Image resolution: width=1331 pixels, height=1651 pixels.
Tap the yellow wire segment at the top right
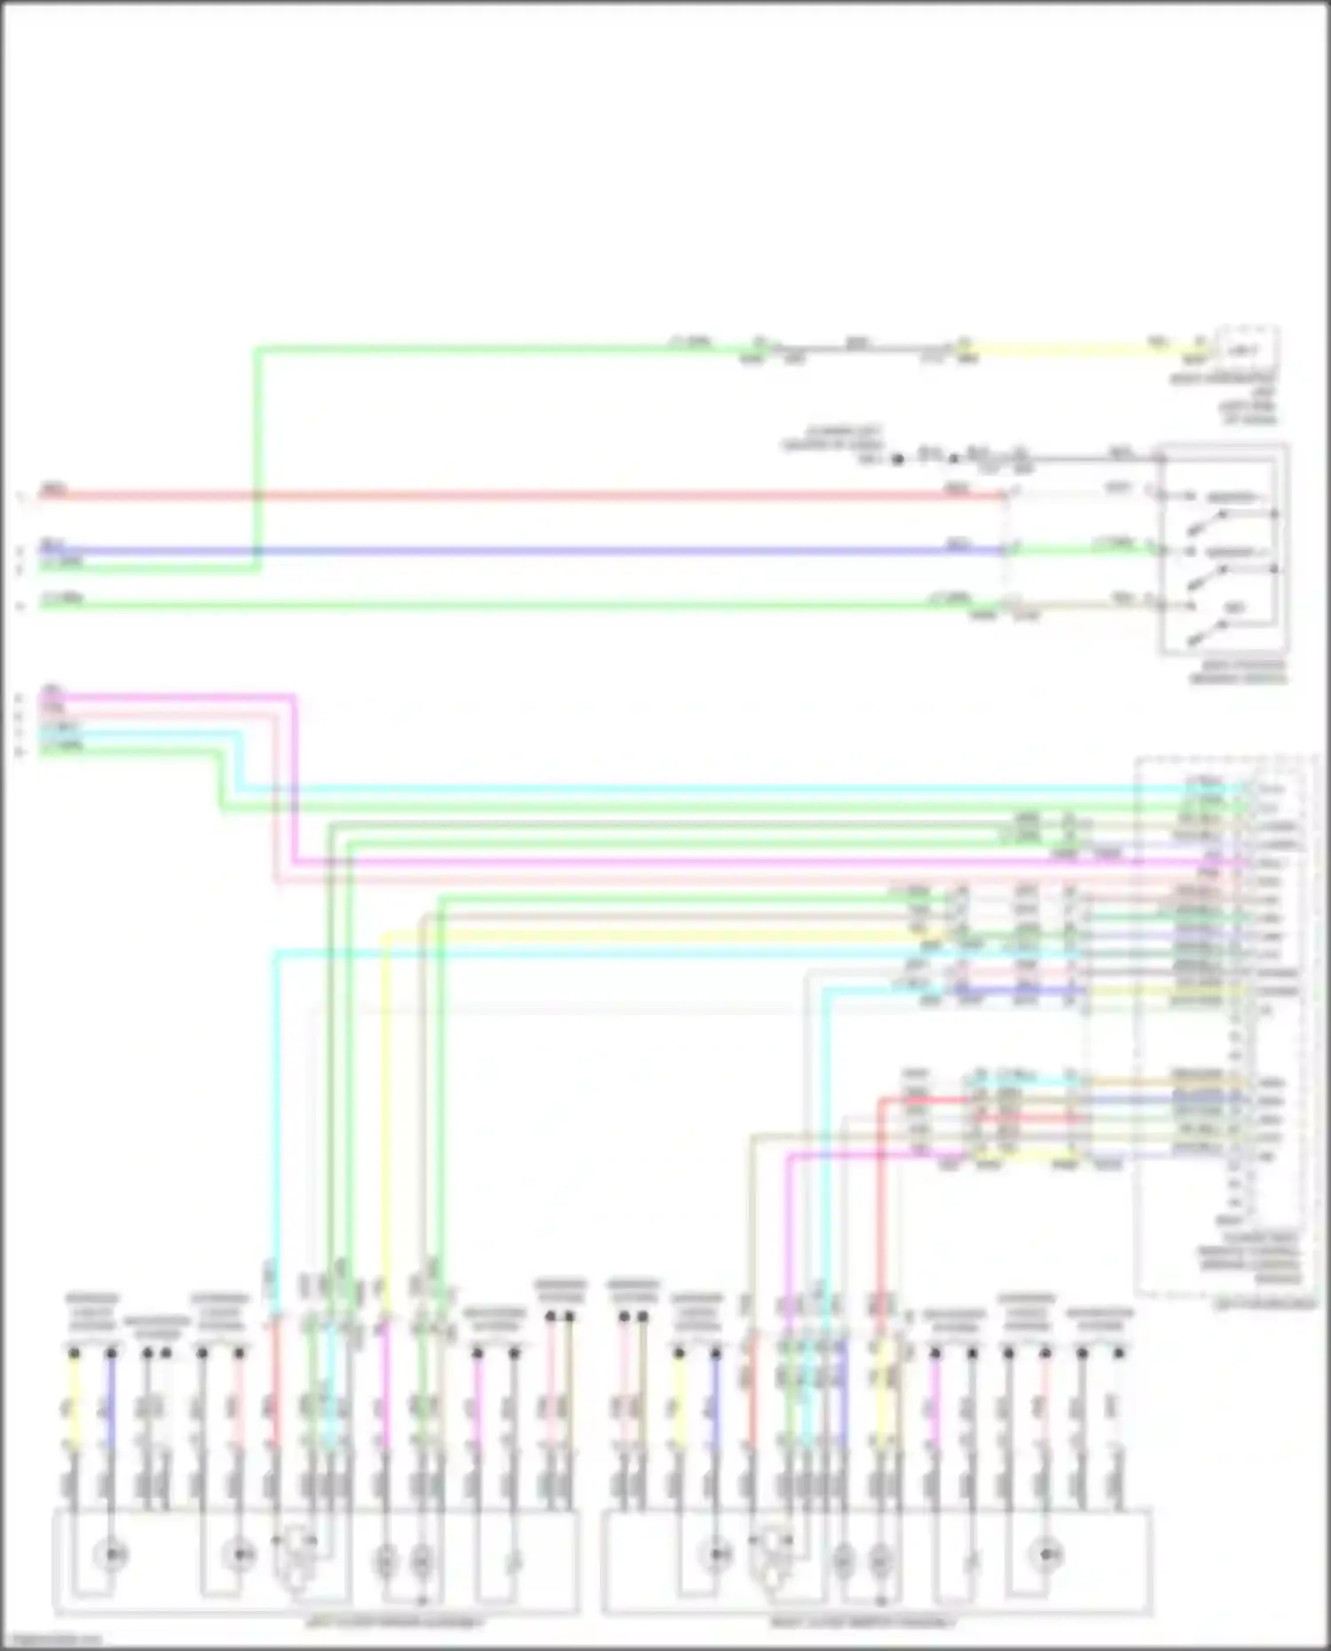pos(1065,350)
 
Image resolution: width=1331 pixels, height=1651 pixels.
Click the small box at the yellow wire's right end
pos(1246,350)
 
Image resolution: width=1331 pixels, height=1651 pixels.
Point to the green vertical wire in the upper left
pos(256,444)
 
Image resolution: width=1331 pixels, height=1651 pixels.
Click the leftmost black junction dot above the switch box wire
pos(897,460)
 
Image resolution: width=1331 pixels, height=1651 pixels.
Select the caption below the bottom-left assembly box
pos(394,1623)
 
